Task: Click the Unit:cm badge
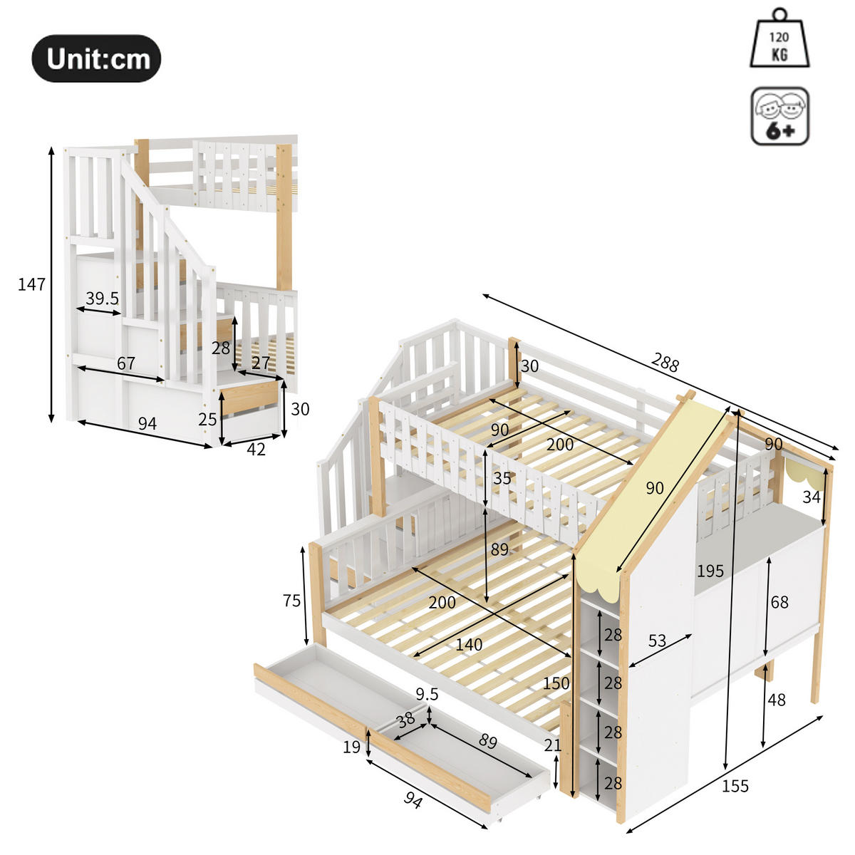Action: point(96,58)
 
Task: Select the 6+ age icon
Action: point(780,117)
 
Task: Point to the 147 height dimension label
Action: point(31,285)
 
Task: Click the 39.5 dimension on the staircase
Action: point(102,299)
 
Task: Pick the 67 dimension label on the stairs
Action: point(126,363)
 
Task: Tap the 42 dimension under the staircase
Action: point(256,449)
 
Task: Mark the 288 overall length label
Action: point(665,363)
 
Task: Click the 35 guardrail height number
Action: point(502,478)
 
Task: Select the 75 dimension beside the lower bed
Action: point(291,601)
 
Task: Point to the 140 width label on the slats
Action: point(469,645)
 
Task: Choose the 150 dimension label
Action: point(556,683)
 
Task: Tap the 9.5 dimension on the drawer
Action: point(427,693)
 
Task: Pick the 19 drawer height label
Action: point(351,747)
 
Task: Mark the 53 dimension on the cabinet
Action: point(656,641)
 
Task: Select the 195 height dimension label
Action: point(710,571)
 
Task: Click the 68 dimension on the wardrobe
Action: point(779,602)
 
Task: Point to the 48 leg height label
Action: point(777,700)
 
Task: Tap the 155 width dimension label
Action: point(735,786)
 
